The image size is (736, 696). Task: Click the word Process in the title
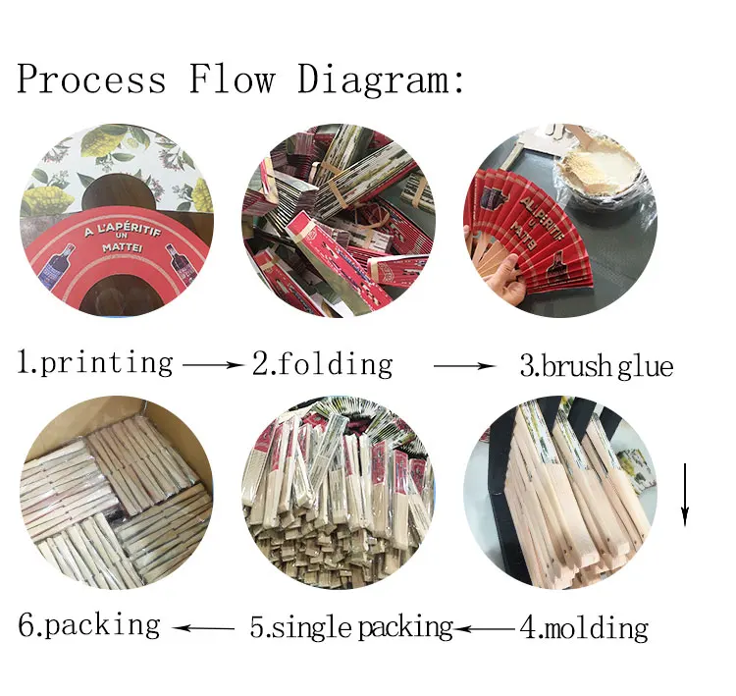(91, 79)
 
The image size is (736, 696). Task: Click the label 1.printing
(95, 363)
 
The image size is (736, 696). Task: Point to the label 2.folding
(322, 363)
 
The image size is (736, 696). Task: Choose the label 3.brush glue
(596, 366)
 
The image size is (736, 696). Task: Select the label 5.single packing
(350, 627)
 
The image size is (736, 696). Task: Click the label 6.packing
(89, 624)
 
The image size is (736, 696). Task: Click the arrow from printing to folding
(212, 364)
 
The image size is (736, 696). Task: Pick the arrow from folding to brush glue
(465, 366)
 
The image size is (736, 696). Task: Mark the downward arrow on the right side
(686, 497)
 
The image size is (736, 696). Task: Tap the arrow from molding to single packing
(486, 627)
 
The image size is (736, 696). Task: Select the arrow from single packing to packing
(204, 626)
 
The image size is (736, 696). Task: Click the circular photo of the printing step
(116, 220)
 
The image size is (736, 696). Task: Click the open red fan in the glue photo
(530, 231)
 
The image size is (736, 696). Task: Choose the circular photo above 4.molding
(559, 492)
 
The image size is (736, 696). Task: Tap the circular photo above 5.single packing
(339, 492)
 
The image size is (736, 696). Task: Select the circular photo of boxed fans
(116, 492)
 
